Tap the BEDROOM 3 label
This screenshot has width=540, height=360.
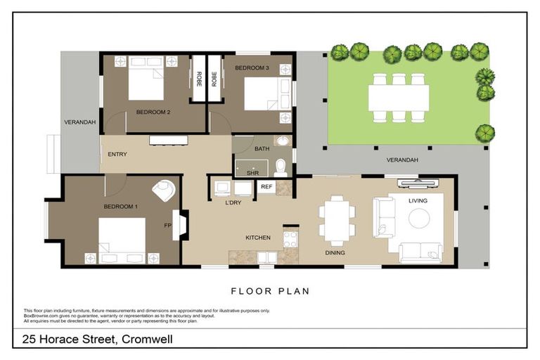[251, 67]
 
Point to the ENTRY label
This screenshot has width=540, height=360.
[117, 155]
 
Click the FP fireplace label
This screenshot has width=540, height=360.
[168, 226]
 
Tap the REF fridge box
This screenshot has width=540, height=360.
[266, 187]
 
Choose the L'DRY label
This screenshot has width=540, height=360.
[233, 202]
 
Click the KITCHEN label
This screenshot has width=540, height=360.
[258, 238]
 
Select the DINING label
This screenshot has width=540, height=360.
[334, 252]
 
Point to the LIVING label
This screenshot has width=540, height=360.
[418, 201]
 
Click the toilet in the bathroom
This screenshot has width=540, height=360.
[281, 167]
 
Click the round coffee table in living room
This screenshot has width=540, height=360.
[420, 219]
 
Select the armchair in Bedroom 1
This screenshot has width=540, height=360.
[164, 191]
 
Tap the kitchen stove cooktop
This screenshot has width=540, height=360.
[289, 238]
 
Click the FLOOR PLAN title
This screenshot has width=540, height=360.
[270, 290]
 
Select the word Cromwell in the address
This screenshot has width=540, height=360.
[147, 340]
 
